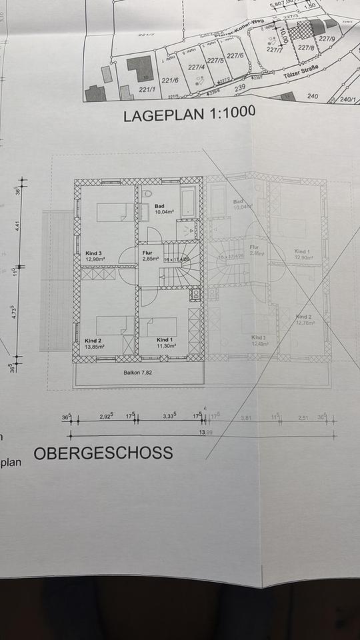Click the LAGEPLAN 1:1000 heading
coord(189,116)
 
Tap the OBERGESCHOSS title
coord(103,453)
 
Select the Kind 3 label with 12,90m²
coord(94,257)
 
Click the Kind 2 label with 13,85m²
coord(95,343)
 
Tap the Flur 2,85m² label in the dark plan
coord(150,256)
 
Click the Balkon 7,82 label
coord(138,373)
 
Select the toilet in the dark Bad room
coord(146,193)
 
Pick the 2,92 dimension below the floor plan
coord(106,417)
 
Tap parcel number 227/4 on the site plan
coord(196,67)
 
